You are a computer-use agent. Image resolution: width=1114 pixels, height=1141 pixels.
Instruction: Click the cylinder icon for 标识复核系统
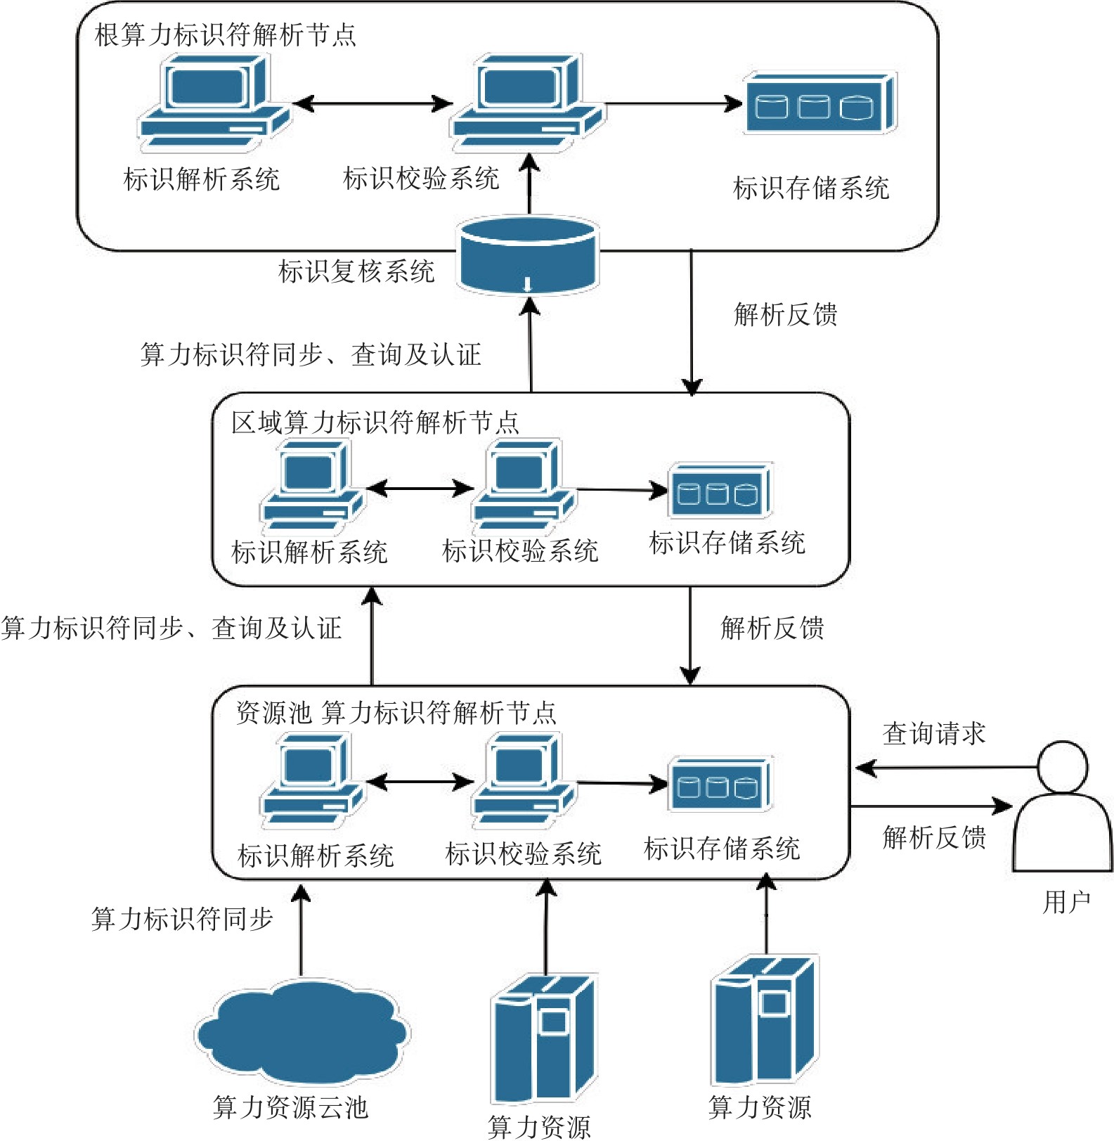pos(527,255)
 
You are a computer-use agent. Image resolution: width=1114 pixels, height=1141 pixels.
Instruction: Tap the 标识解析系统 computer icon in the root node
pos(213,103)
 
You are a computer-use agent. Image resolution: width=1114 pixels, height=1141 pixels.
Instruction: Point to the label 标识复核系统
pos(356,271)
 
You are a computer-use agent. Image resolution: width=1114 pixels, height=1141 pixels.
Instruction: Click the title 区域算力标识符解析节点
pos(375,423)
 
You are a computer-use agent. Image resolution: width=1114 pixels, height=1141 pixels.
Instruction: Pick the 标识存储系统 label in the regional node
pos(727,543)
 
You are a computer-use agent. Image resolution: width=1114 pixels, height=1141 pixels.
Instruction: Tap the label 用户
pos(1066,902)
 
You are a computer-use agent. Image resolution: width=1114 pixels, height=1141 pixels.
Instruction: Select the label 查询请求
pos(933,733)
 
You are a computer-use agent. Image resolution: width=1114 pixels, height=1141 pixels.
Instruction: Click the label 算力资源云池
pos(290,1107)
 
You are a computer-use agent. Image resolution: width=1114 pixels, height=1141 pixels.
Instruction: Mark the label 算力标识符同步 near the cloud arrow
pos(182,919)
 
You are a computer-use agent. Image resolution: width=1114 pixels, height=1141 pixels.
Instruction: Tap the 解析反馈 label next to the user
pos(934,837)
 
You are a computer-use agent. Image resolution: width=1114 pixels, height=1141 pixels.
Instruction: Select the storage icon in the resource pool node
pos(720,785)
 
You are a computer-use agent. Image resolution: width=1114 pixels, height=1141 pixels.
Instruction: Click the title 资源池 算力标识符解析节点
pos(396,713)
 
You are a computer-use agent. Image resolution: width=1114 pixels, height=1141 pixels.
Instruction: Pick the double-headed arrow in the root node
pos(373,104)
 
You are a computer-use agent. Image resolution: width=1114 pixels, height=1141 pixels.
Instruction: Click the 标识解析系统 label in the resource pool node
pos(316,856)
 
